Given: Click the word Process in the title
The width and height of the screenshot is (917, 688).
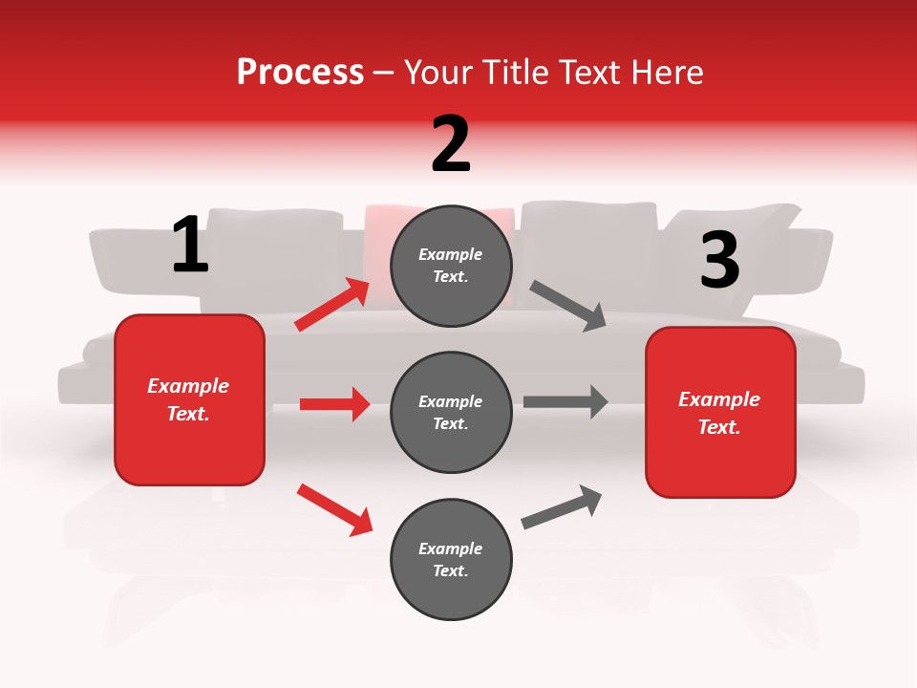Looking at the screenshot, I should [x=300, y=73].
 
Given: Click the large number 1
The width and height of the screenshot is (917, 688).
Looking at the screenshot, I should [x=190, y=246].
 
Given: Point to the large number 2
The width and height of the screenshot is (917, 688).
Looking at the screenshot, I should [x=451, y=144].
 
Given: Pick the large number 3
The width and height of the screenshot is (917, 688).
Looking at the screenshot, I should [x=719, y=260].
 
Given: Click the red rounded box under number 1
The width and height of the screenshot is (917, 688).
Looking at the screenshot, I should [x=189, y=399].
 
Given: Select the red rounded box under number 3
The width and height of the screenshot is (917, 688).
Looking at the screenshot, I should [x=720, y=412].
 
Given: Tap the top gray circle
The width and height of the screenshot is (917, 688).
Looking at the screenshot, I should [x=451, y=266].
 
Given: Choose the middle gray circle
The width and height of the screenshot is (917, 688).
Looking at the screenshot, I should [x=451, y=412].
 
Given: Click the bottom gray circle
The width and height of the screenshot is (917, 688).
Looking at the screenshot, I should [x=451, y=559].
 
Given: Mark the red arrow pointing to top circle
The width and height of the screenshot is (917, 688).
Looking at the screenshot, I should [x=332, y=305].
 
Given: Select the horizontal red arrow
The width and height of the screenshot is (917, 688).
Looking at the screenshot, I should [x=334, y=404].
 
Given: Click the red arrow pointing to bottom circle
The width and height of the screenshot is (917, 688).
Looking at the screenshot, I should [x=334, y=508].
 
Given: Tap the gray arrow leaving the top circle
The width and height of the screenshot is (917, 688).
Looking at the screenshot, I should [x=568, y=306].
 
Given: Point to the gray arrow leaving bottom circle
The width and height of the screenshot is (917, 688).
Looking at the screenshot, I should [x=562, y=506].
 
